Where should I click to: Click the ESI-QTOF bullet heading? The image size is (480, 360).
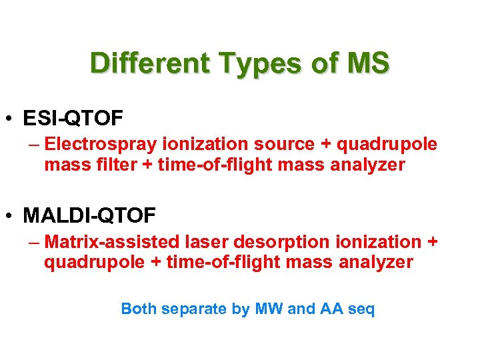click(x=73, y=119)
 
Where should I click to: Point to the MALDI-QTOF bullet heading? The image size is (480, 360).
click(x=89, y=216)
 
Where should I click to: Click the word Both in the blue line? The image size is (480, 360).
click(x=138, y=309)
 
